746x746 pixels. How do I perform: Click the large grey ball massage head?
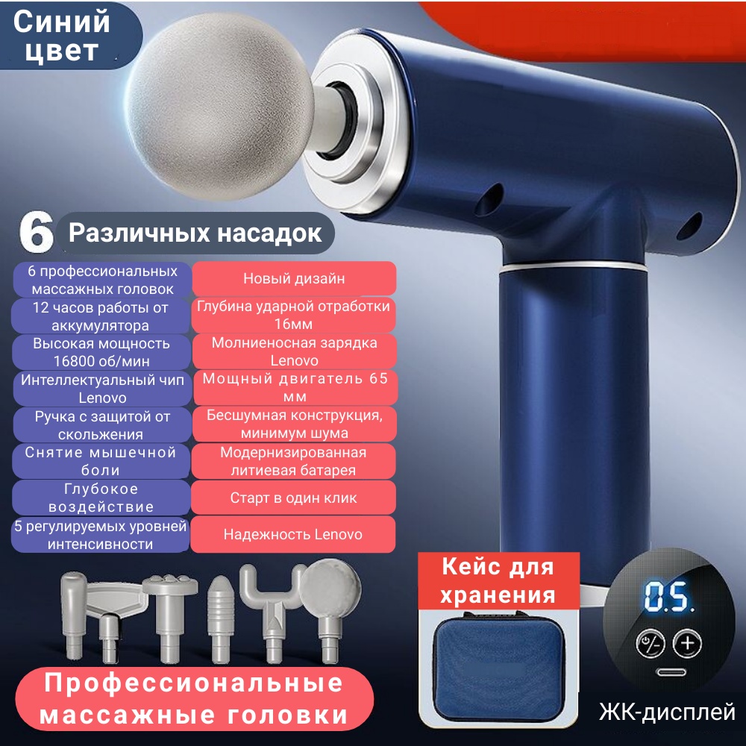click(x=220, y=106)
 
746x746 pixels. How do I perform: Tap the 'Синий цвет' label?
click(x=62, y=36)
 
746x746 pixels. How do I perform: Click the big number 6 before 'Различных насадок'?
click(x=36, y=233)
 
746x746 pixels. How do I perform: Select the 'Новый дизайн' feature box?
click(x=294, y=278)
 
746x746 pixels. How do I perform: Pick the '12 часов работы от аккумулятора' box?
click(x=101, y=316)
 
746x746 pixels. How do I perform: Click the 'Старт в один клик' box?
click(x=293, y=498)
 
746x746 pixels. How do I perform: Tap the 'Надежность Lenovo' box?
click(x=292, y=534)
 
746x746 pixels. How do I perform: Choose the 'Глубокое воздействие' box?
click(x=101, y=498)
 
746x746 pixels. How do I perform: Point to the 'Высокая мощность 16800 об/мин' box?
click(x=101, y=352)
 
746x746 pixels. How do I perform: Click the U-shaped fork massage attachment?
click(x=272, y=612)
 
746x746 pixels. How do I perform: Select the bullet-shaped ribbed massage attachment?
click(x=221, y=619)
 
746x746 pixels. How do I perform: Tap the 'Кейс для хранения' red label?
click(x=498, y=580)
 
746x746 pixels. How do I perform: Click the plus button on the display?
click(x=687, y=643)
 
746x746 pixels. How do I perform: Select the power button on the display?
click(x=651, y=644)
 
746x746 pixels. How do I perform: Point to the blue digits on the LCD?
click(x=668, y=597)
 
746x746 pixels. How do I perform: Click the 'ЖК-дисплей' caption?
click(x=667, y=712)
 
